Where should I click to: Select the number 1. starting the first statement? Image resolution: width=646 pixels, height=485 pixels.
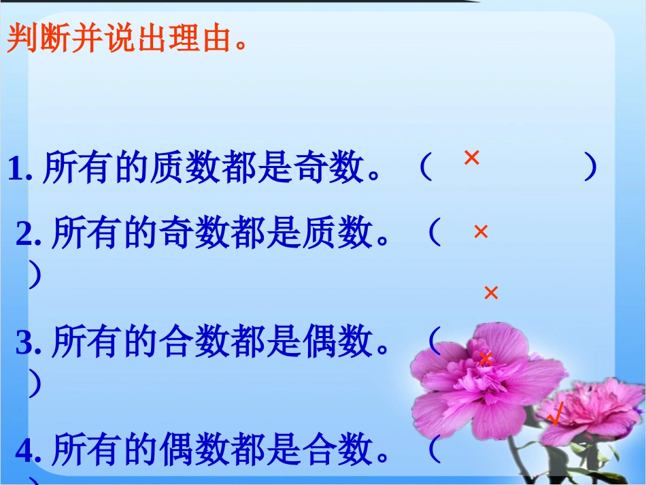(x=20, y=169)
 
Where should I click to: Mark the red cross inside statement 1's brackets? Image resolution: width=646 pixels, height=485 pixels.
(x=471, y=158)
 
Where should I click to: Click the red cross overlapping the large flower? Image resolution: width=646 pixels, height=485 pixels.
(x=485, y=358)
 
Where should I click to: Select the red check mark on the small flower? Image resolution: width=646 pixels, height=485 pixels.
(x=556, y=414)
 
